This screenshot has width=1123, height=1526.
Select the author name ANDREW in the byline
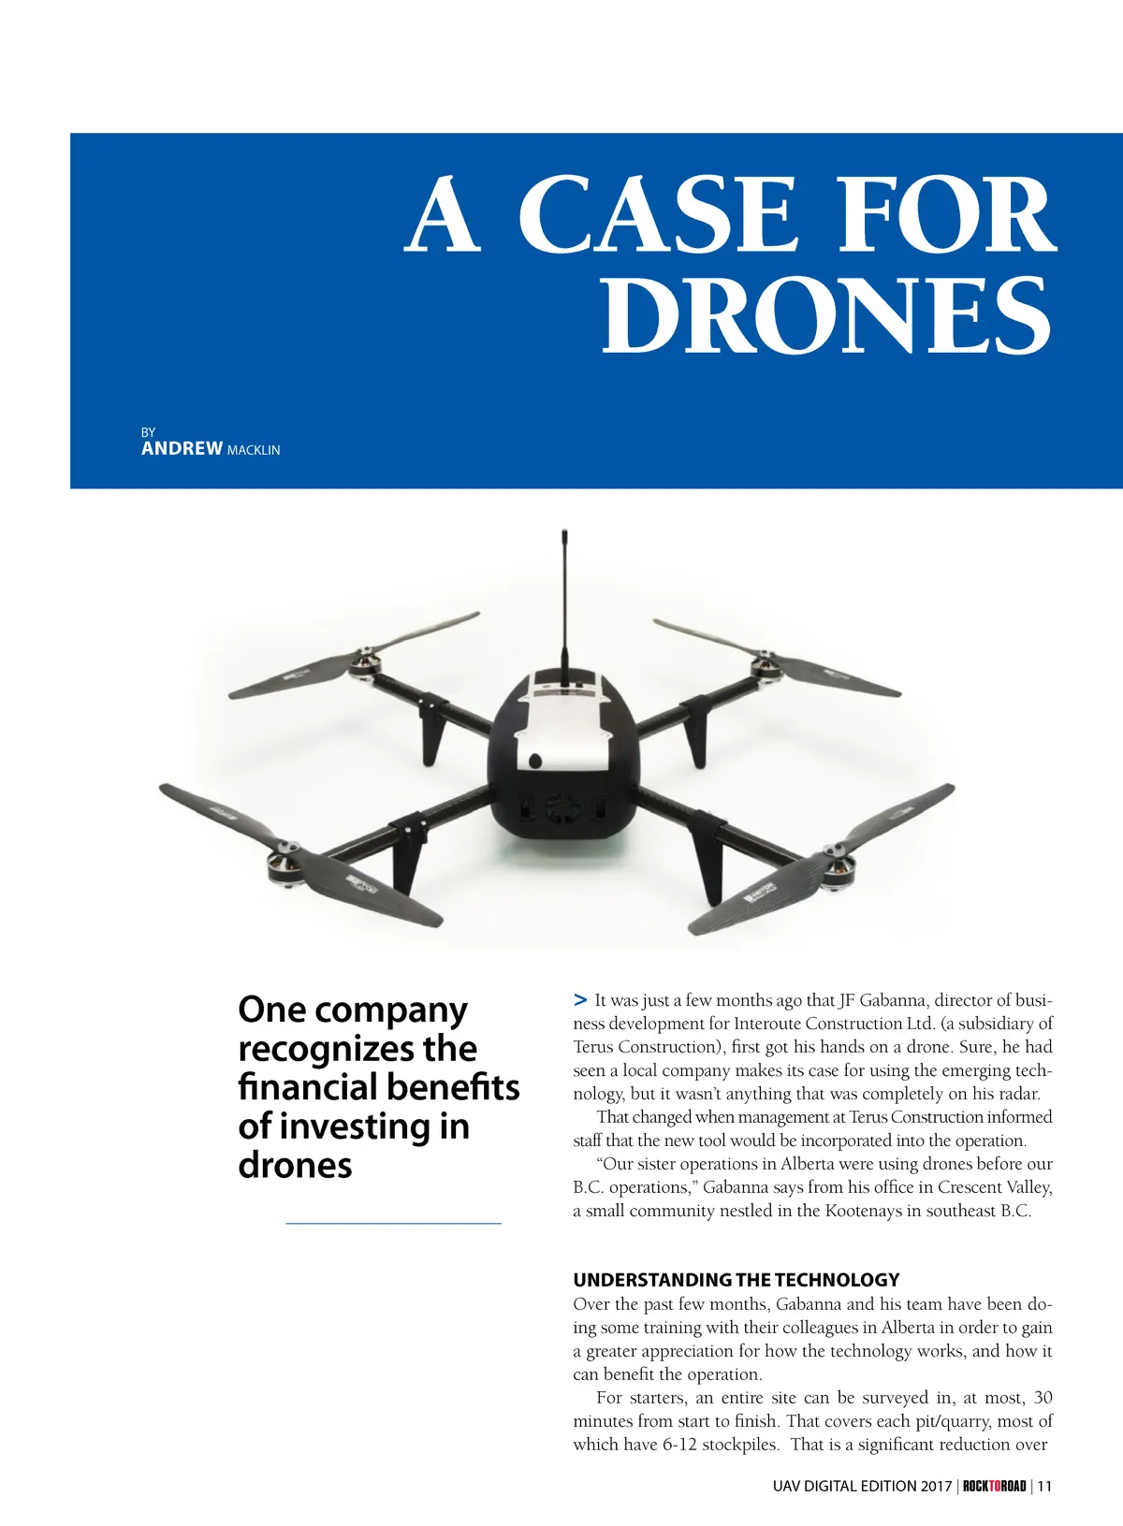pyautogui.click(x=182, y=448)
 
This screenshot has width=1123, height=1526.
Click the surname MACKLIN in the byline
pyautogui.click(x=254, y=450)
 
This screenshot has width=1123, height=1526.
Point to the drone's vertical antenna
pyautogui.click(x=564, y=599)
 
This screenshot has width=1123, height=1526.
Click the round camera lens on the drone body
pyautogui.click(x=534, y=761)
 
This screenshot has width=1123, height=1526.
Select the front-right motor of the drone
pyautogui.click(x=834, y=860)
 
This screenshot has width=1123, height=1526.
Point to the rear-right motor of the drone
pyautogui.click(x=766, y=667)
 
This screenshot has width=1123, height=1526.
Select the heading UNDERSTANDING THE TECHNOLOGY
pyautogui.click(x=736, y=1280)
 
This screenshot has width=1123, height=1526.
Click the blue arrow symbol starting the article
pyautogui.click(x=580, y=999)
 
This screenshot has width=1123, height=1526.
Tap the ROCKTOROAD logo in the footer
pyautogui.click(x=994, y=1486)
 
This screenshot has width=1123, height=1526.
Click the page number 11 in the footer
pyautogui.click(x=1044, y=1486)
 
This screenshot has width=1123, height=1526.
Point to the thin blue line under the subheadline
pyautogui.click(x=393, y=1222)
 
